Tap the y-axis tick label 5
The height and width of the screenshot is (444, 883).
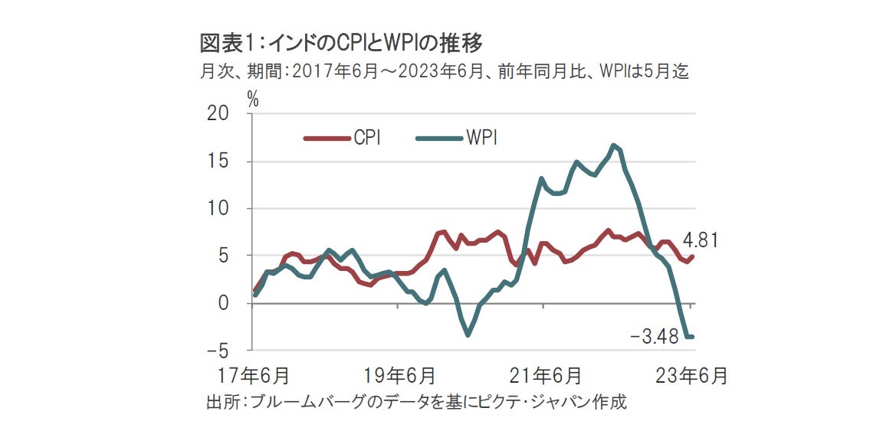click(x=224, y=256)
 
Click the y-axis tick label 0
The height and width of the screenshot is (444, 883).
click(x=224, y=304)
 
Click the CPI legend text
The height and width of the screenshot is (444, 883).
click(x=367, y=139)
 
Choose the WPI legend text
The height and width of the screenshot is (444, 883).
click(x=481, y=139)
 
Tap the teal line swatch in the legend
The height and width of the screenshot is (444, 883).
click(x=438, y=139)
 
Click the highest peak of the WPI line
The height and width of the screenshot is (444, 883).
click(x=614, y=145)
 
